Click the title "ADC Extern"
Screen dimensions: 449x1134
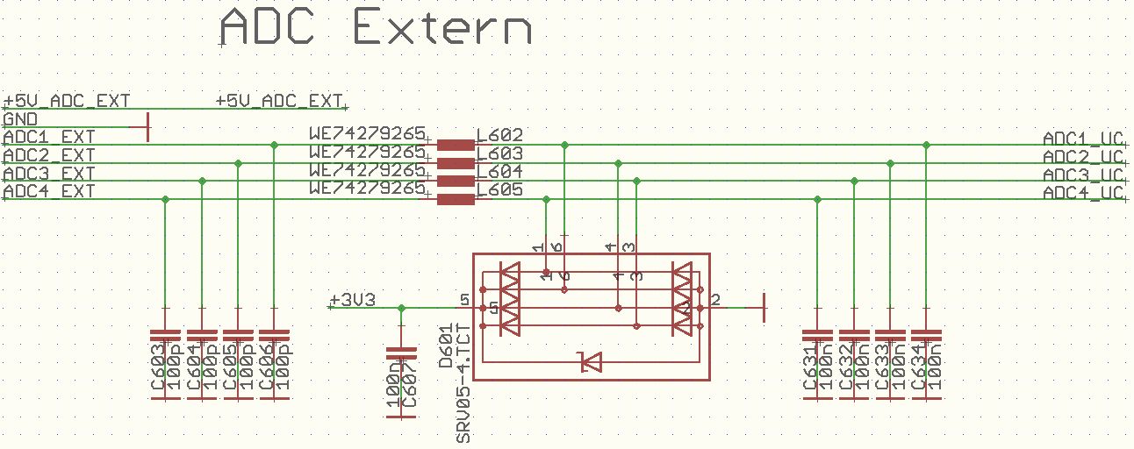tap(376, 29)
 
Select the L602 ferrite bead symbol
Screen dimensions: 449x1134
tap(456, 145)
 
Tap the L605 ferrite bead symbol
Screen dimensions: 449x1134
tap(456, 199)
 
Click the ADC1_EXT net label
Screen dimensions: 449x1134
tap(49, 138)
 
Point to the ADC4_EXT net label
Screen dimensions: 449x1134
tap(49, 192)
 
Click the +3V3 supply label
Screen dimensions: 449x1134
tap(352, 301)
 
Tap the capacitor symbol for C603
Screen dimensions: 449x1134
tap(165, 336)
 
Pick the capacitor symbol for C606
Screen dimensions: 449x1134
tap(275, 336)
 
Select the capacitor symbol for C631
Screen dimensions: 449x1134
tap(817, 336)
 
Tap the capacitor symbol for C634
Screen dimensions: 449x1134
tap(927, 336)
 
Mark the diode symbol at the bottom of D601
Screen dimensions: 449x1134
tap(589, 360)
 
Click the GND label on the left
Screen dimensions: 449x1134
tap(20, 119)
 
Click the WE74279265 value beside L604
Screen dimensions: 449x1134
tap(367, 170)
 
